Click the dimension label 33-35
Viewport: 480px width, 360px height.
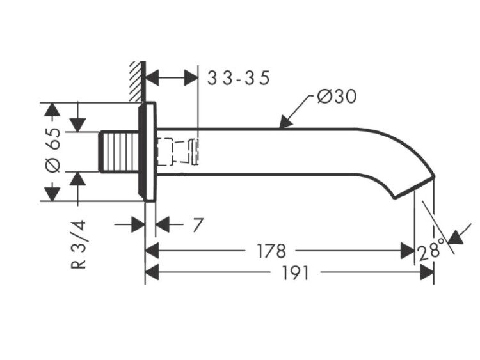(x=239, y=78)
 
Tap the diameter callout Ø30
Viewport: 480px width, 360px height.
(x=337, y=97)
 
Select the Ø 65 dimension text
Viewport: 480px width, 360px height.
(x=54, y=150)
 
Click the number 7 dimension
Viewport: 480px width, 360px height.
(x=197, y=225)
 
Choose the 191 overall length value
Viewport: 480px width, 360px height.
(x=294, y=274)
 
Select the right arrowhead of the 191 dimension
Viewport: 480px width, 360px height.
(x=428, y=274)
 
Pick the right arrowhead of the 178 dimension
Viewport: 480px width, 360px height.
(x=408, y=250)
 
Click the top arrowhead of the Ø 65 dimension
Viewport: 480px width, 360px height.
(x=51, y=109)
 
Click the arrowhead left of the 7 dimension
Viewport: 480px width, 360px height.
(x=137, y=225)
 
